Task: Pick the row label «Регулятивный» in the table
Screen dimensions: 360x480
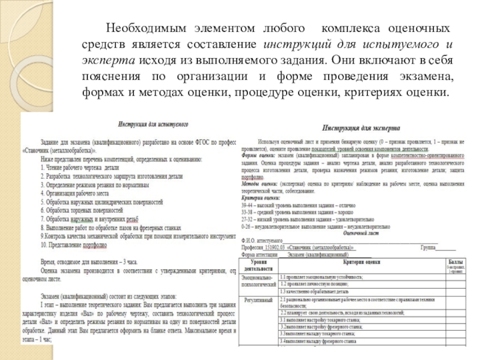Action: tap(259, 299)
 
